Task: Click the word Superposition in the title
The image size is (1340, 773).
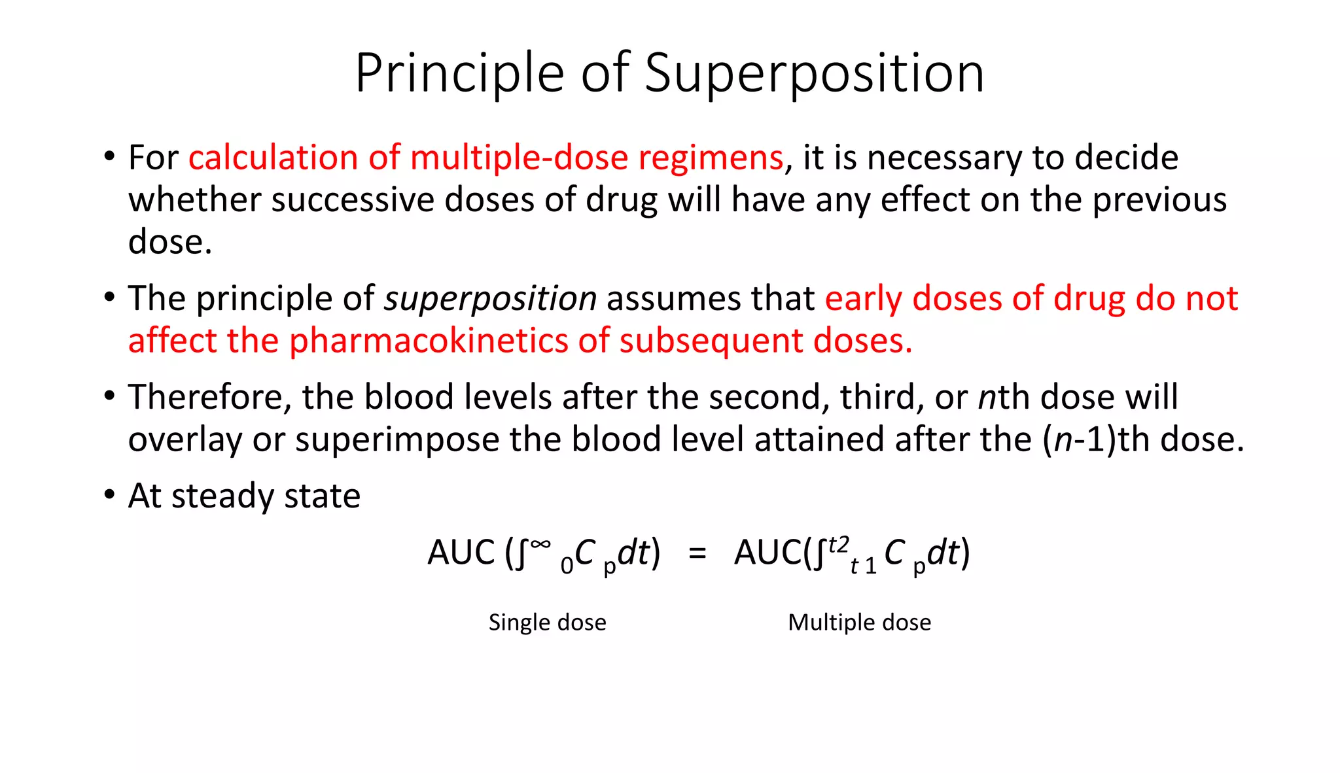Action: (x=814, y=73)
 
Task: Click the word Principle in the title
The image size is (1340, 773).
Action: (x=459, y=73)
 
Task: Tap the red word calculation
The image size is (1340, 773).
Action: (x=273, y=158)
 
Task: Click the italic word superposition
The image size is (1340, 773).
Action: (x=490, y=299)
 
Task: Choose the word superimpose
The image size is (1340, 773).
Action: (x=397, y=439)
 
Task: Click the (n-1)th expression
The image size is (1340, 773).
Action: (x=1098, y=439)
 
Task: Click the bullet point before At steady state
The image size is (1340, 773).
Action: (x=109, y=494)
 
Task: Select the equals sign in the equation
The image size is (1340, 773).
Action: (x=697, y=553)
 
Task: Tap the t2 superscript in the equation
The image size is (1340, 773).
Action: (x=838, y=544)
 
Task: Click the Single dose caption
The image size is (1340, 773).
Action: (x=547, y=622)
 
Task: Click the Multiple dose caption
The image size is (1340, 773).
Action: (x=859, y=622)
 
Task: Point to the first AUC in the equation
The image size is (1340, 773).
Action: (x=461, y=553)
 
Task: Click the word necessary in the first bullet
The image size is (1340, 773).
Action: (x=945, y=158)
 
